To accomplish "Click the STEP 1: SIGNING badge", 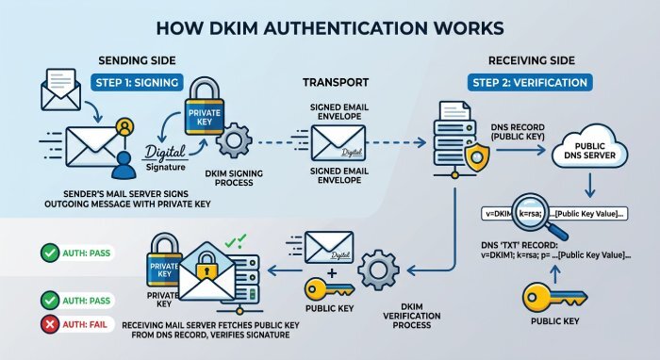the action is (x=138, y=82).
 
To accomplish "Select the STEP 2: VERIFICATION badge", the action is (x=530, y=82).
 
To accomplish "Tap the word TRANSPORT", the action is (x=336, y=82).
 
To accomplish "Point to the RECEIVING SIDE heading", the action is (x=532, y=60).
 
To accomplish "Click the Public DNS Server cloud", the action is (x=589, y=148).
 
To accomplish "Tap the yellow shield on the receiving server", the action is (x=477, y=157).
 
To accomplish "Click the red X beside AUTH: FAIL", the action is (x=50, y=324).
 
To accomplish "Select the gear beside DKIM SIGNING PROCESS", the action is (x=234, y=140).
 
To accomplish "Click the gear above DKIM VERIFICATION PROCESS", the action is (x=378, y=270).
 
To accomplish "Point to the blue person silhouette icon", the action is (x=124, y=165).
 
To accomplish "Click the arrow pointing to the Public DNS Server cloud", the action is (x=520, y=150).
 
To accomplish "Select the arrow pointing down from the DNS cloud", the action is (x=589, y=186).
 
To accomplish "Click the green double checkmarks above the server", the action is (x=236, y=241).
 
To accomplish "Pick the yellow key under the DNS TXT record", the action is (x=554, y=297).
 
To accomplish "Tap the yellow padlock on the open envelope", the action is (x=206, y=266).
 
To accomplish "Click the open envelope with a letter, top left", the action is (x=60, y=90).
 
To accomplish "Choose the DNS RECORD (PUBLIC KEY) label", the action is (x=518, y=132).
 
